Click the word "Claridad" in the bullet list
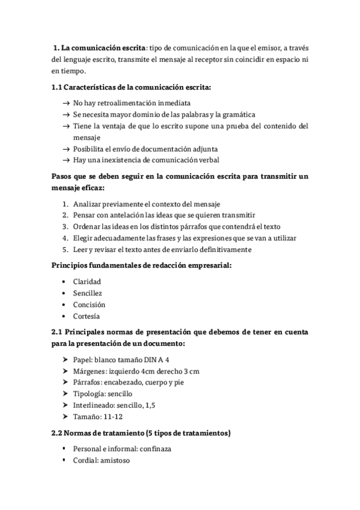87,281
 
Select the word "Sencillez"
88,293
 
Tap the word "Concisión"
89,304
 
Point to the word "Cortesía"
87,316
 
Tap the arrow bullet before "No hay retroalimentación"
65,103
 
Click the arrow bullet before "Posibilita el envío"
65,149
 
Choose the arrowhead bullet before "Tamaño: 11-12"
64,417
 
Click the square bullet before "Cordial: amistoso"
64,461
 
